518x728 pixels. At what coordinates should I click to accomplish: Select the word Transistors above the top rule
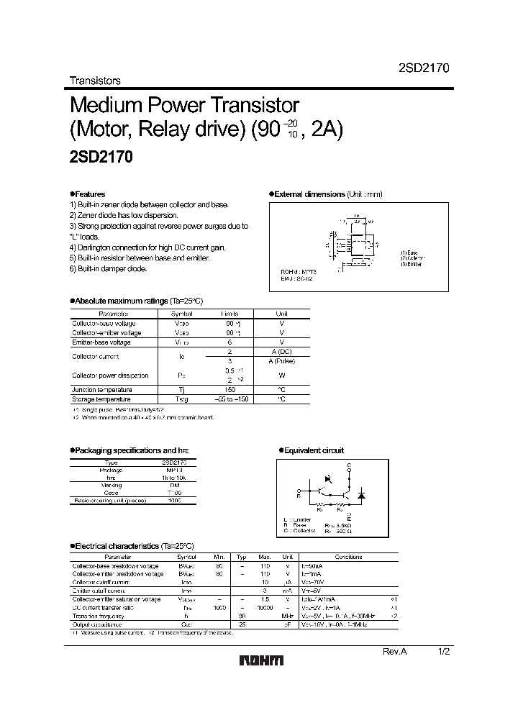pos(94,81)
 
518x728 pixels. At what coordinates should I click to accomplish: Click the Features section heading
pos(88,194)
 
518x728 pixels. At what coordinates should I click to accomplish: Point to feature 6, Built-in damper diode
pos(109,268)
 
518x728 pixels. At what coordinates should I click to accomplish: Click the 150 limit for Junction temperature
pos(230,389)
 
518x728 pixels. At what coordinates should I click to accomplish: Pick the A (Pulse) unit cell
pos(282,361)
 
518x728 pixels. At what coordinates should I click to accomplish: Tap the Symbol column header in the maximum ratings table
pos(182,314)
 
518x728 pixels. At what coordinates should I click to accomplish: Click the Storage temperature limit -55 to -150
pos(230,399)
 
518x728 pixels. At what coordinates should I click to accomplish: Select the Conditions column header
pos(349,556)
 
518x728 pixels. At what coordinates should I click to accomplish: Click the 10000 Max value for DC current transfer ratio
pos(265,608)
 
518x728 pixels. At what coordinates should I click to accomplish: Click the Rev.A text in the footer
pos(394,650)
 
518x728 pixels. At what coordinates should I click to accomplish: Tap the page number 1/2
pos(445,650)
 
